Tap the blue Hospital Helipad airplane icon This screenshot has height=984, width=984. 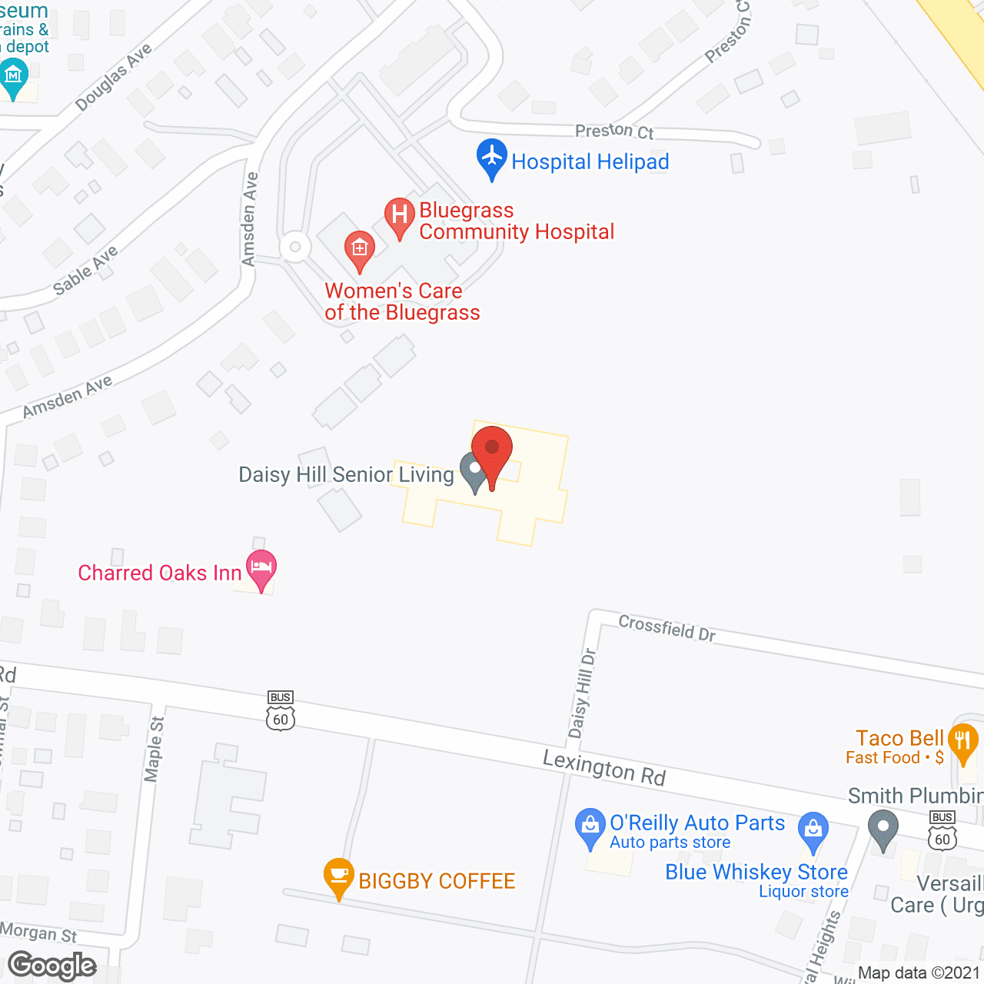[491, 158]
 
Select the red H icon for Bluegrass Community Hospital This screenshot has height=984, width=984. [399, 215]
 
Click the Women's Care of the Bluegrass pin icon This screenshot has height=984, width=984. [359, 249]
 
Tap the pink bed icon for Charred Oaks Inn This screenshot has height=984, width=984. [261, 570]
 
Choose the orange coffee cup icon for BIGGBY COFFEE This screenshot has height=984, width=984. [338, 876]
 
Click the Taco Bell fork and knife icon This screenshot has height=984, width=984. [962, 743]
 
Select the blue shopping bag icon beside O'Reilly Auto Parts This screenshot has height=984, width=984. [590, 827]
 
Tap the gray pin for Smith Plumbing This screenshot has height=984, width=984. [883, 829]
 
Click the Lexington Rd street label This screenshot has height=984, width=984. [604, 768]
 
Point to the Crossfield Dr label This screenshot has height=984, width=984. [667, 628]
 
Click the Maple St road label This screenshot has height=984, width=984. [155, 749]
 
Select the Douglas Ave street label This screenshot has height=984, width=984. [114, 77]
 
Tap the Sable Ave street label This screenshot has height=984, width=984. [85, 271]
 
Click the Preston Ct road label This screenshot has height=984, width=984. [613, 131]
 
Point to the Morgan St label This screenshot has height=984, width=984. [38, 932]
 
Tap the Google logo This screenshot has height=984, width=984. [52, 966]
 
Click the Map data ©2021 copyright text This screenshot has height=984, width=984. [919, 973]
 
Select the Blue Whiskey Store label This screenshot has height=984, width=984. [756, 872]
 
